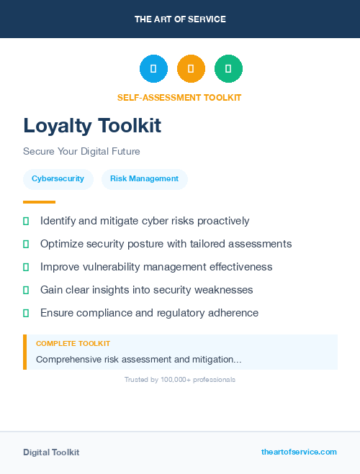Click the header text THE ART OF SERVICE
[x=180, y=19]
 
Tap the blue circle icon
[x=153, y=69]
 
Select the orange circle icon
[x=191, y=69]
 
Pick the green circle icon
[x=228, y=69]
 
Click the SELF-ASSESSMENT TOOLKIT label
[x=179, y=97]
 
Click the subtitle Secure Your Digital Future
[x=81, y=152]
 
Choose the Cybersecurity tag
[x=58, y=179]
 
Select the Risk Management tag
[x=144, y=179]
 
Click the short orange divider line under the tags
[x=39, y=202]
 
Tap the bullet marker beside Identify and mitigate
[x=26, y=221]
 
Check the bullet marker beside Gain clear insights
[x=26, y=290]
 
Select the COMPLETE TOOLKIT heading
[x=73, y=344]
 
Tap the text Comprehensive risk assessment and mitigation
[x=138, y=359]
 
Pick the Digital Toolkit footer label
[x=51, y=452]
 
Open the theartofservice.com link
[x=299, y=452]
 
